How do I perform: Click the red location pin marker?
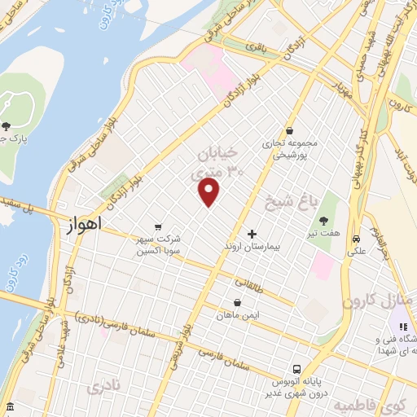(209, 192)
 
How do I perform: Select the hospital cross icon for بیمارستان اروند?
(252, 234)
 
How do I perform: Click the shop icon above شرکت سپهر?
(157, 227)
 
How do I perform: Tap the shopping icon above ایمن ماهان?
(237, 302)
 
